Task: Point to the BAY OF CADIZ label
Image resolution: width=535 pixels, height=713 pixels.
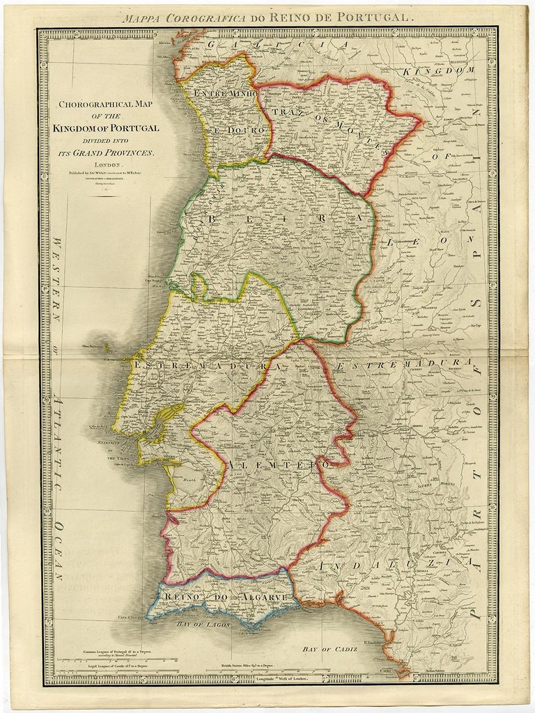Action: click(x=329, y=649)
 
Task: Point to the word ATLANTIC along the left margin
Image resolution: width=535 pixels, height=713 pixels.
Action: click(x=59, y=435)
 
